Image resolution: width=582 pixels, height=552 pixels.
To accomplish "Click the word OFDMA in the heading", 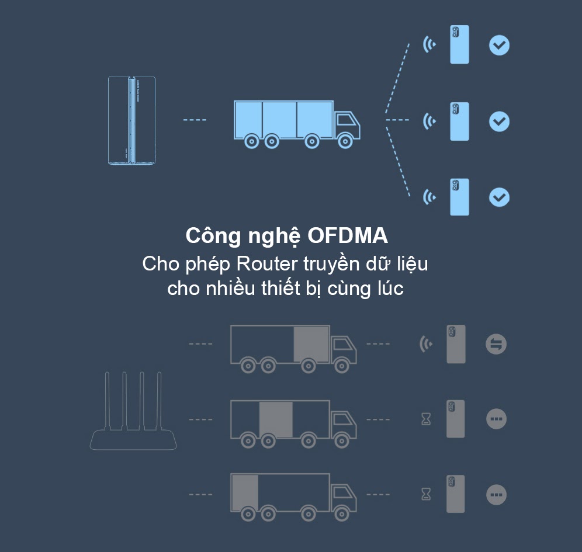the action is (x=348, y=236).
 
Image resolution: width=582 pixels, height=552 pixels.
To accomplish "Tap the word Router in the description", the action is (x=267, y=264).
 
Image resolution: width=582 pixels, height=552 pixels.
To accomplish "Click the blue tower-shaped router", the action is (x=131, y=120).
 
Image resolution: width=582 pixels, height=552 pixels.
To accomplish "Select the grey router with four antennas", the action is (x=133, y=411).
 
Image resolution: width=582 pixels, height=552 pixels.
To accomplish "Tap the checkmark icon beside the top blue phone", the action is (x=499, y=45).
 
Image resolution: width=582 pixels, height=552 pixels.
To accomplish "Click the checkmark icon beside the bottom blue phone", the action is (x=499, y=197).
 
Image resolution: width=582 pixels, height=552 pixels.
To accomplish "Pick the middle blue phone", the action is (x=459, y=121).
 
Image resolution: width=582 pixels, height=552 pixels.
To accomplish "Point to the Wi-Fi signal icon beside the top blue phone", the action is (x=429, y=44).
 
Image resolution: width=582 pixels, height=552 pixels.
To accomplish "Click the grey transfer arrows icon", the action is (x=496, y=344).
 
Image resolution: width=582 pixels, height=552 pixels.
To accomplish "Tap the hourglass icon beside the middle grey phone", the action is (x=426, y=419).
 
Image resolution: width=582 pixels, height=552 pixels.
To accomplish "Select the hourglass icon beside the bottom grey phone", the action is (x=426, y=494).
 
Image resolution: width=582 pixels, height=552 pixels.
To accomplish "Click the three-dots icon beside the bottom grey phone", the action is (x=496, y=495).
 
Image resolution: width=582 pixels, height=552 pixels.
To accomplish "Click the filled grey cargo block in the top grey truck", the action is (x=311, y=344).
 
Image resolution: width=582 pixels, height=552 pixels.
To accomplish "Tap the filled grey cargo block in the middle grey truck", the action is (x=276, y=419).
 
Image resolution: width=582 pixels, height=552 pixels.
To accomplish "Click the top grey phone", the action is (x=456, y=344).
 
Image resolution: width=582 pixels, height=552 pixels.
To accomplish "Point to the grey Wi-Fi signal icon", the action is (x=426, y=344).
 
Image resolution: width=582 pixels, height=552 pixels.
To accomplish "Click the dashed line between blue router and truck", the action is (x=195, y=120).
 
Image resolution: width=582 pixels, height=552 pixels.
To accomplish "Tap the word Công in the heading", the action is (x=213, y=237).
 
